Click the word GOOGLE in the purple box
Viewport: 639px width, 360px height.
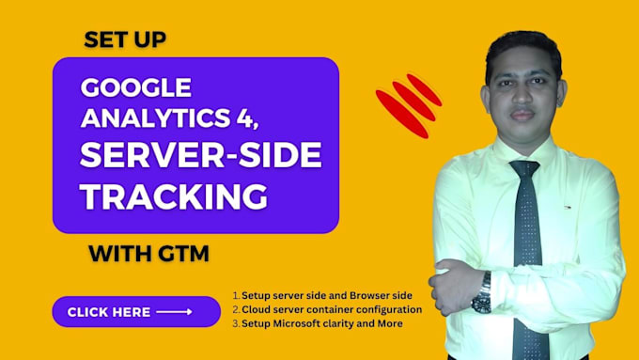[x=136, y=87]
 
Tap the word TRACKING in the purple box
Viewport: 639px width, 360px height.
[x=172, y=196]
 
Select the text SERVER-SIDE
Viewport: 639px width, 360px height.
[x=200, y=156]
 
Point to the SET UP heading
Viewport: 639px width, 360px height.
[x=126, y=39]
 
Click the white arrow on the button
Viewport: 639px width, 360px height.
[x=174, y=312]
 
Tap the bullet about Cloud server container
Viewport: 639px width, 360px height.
[x=327, y=309]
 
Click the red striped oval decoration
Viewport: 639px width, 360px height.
[x=408, y=102]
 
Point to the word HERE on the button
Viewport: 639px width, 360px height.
[x=130, y=312]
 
